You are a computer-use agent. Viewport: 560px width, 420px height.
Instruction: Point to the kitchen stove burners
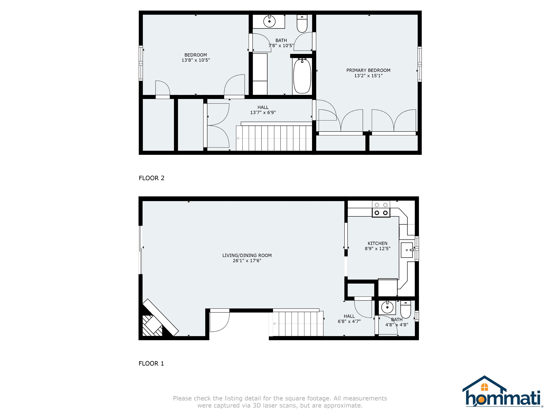pyautogui.click(x=381, y=209)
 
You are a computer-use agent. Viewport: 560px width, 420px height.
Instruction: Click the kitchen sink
pyautogui.click(x=407, y=250)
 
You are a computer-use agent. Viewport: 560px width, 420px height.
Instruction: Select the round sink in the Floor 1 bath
pyautogui.click(x=387, y=308)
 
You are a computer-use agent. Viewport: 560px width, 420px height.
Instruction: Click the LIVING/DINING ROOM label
pyautogui.click(x=247, y=255)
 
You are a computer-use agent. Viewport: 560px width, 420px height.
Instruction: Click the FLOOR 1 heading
pyautogui.click(x=151, y=363)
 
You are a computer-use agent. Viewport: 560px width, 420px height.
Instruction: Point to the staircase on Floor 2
pyautogui.click(x=274, y=138)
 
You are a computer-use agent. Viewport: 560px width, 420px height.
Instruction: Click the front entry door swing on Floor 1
pyautogui.click(x=219, y=321)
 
